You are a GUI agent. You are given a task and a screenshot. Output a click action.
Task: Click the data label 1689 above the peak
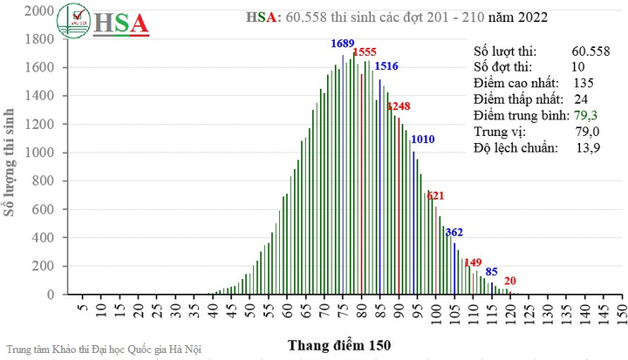point(342,44)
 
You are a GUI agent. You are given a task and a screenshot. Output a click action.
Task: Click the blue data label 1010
point(423,139)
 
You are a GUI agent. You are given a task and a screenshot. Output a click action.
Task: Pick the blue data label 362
point(454,232)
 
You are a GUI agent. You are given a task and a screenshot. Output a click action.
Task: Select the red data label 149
point(473,262)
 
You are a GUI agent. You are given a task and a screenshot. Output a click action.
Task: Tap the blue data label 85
point(492,272)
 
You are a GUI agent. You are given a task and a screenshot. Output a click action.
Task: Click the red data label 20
point(510,281)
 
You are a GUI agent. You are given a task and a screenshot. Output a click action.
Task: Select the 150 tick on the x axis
point(621,310)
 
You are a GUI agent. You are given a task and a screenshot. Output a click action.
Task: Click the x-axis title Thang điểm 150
point(339,345)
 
